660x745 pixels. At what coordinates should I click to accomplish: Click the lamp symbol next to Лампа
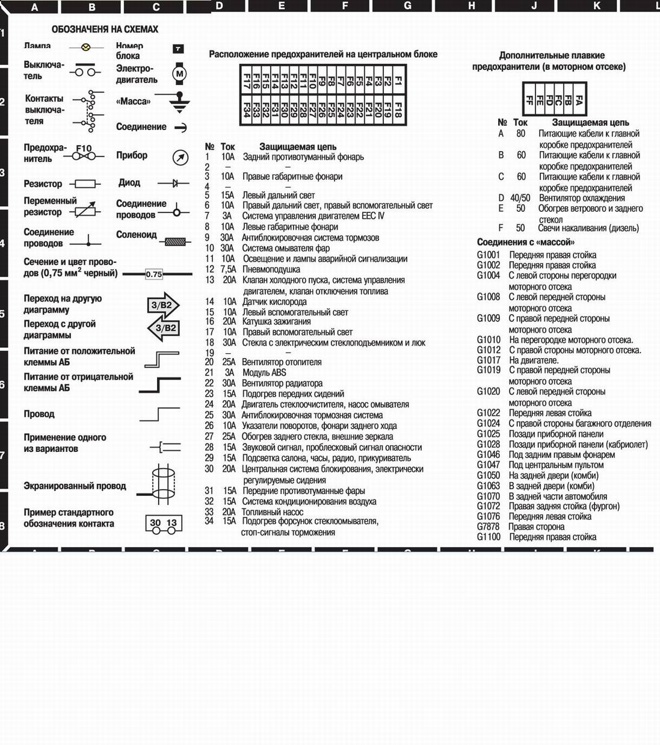pos(85,46)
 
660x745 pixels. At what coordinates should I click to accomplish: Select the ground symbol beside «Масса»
pos(178,103)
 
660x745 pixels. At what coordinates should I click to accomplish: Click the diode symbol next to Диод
pos(175,183)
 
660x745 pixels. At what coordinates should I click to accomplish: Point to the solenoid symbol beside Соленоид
pos(175,241)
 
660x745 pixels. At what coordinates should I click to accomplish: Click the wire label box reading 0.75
pos(154,274)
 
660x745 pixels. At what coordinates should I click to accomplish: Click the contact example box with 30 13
pos(163,523)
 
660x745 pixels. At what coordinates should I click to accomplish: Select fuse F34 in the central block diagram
pos(247,110)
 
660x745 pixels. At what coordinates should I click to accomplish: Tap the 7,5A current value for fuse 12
pos(229,270)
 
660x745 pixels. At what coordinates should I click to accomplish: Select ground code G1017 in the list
pos(489,360)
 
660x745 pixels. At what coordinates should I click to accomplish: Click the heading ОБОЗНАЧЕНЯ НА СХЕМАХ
pos(105,29)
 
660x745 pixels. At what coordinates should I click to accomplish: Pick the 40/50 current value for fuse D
pos(520,198)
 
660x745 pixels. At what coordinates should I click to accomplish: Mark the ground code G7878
pos(489,527)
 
